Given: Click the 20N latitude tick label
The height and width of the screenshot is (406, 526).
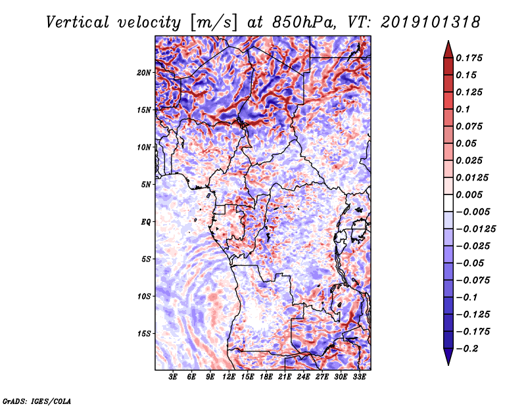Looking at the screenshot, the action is click(x=144, y=73).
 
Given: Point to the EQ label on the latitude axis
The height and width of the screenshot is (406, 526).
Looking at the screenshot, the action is click(x=146, y=222).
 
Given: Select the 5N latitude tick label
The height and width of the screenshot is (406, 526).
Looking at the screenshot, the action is click(x=146, y=185).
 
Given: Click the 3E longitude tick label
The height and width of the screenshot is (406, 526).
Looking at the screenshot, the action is click(x=173, y=376).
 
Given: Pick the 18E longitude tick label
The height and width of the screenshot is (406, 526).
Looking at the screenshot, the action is click(x=266, y=376).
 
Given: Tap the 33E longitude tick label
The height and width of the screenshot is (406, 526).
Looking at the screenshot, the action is click(x=359, y=376).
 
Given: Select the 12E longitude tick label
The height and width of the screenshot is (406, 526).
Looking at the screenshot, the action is click(x=229, y=376).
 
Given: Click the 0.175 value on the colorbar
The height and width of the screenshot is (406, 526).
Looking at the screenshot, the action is click(x=469, y=58).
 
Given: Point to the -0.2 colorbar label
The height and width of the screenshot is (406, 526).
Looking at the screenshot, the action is click(x=466, y=349).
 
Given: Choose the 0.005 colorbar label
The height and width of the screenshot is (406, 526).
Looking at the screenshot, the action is click(x=469, y=194).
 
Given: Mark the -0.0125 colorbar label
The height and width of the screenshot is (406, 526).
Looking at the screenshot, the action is click(x=475, y=229).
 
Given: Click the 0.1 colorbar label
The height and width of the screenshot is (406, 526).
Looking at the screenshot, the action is click(x=463, y=109).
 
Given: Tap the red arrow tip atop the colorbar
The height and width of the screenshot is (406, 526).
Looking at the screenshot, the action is click(x=448, y=41).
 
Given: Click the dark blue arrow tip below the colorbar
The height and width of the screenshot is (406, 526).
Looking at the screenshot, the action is click(x=448, y=365).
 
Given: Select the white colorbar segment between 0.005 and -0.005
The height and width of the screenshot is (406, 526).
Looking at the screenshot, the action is click(x=448, y=203).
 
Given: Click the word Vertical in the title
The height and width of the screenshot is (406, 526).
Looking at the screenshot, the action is click(x=78, y=22).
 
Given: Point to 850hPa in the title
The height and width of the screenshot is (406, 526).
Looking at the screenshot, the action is click(x=304, y=22).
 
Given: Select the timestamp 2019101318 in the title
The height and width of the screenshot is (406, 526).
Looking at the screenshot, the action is click(x=431, y=22).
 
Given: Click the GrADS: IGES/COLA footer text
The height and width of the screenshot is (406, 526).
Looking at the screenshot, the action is click(x=37, y=401).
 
